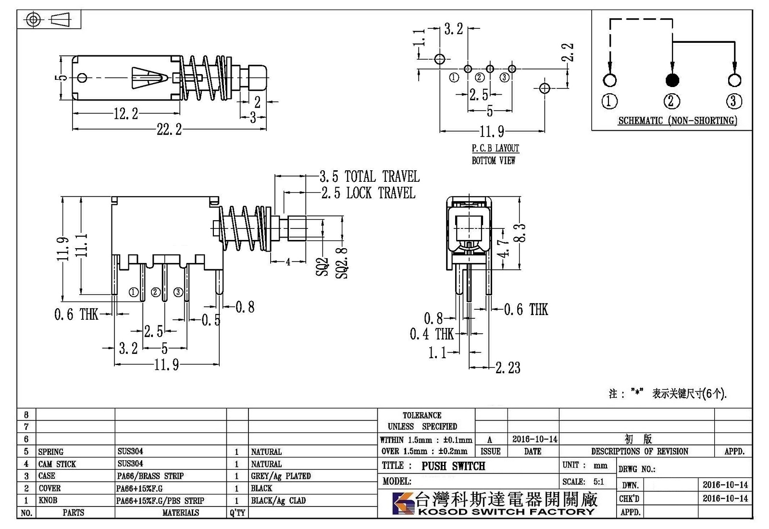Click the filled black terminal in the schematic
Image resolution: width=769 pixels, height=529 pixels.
tap(672, 80)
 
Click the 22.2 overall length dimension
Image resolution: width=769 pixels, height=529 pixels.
tap(169, 129)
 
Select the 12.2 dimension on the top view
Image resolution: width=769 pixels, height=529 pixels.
tap(125, 113)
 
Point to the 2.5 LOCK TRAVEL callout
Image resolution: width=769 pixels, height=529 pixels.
tap(368, 193)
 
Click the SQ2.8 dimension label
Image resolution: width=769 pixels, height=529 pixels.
tap(342, 263)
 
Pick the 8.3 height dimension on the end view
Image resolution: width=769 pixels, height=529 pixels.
tap(521, 233)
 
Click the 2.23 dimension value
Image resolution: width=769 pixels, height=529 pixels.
tap(508, 368)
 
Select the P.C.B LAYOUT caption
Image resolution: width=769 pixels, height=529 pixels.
tap(496, 149)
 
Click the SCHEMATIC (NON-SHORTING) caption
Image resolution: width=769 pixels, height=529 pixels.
tap(678, 121)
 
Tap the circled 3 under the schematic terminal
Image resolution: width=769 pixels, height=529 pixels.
tap(734, 101)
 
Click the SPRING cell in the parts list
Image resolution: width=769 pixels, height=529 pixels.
tap(51, 452)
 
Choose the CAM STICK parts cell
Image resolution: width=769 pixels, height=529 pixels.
tap(57, 464)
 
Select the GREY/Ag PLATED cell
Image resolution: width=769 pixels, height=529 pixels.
tap(281, 476)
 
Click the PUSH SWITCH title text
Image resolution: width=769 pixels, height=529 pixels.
tap(454, 466)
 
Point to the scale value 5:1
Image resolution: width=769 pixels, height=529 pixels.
tap(599, 481)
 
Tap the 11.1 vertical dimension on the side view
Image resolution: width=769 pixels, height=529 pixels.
tap(81, 246)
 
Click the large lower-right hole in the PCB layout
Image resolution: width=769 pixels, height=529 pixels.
tap(545, 88)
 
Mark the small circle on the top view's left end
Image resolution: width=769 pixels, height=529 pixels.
tap(82, 77)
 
